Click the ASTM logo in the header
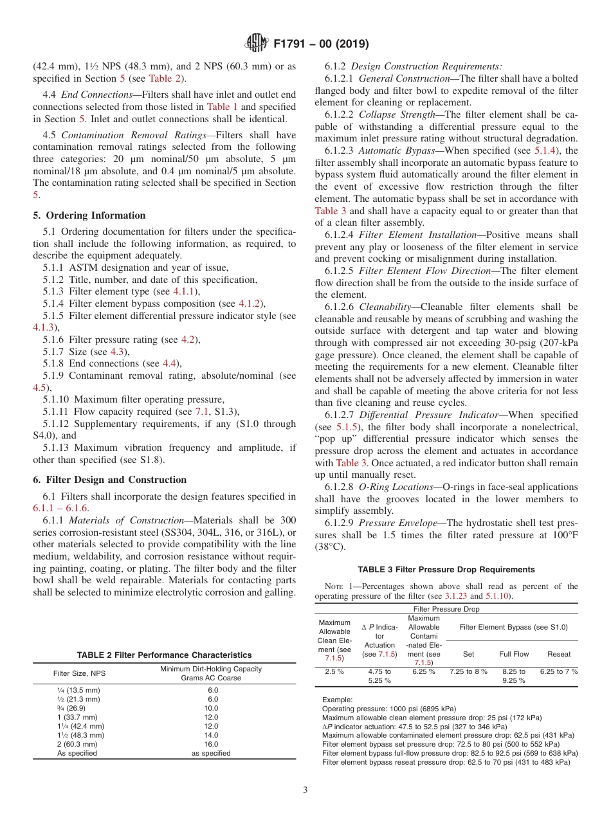point(257,44)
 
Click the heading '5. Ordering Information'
point(89,215)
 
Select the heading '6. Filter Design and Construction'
point(109,480)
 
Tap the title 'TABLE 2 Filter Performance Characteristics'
point(164,655)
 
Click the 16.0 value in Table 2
point(213,744)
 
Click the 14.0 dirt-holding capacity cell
point(213,735)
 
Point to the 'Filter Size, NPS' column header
point(80,673)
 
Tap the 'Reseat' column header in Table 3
point(558,654)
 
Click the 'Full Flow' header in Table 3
point(514,654)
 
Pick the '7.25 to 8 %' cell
point(468,671)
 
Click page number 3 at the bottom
point(305,790)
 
